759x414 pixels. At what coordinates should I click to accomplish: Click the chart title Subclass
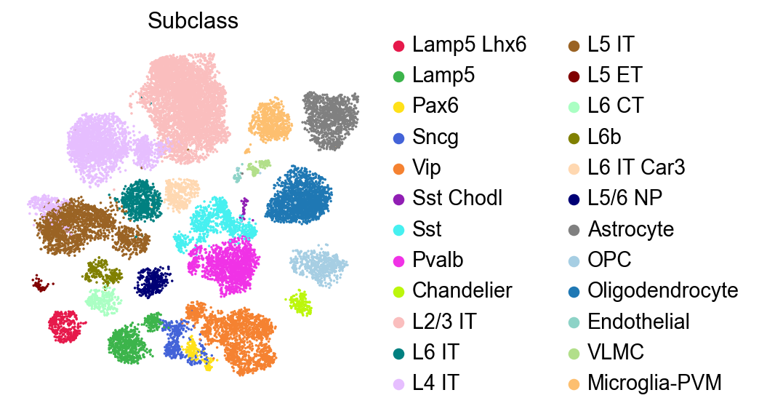[x=193, y=22]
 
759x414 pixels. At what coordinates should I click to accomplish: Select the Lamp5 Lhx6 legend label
[x=469, y=44]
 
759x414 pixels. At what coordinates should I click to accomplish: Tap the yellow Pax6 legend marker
[x=398, y=106]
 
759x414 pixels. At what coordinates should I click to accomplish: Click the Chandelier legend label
[x=462, y=290]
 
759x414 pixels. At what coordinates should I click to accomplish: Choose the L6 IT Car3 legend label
[x=636, y=167]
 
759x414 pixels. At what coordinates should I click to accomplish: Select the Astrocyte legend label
[x=631, y=229]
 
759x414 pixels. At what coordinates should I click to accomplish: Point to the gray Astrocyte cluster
[x=330, y=119]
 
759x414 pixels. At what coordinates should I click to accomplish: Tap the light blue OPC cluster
[x=318, y=266]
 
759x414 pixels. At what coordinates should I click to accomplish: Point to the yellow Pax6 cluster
[x=193, y=350]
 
